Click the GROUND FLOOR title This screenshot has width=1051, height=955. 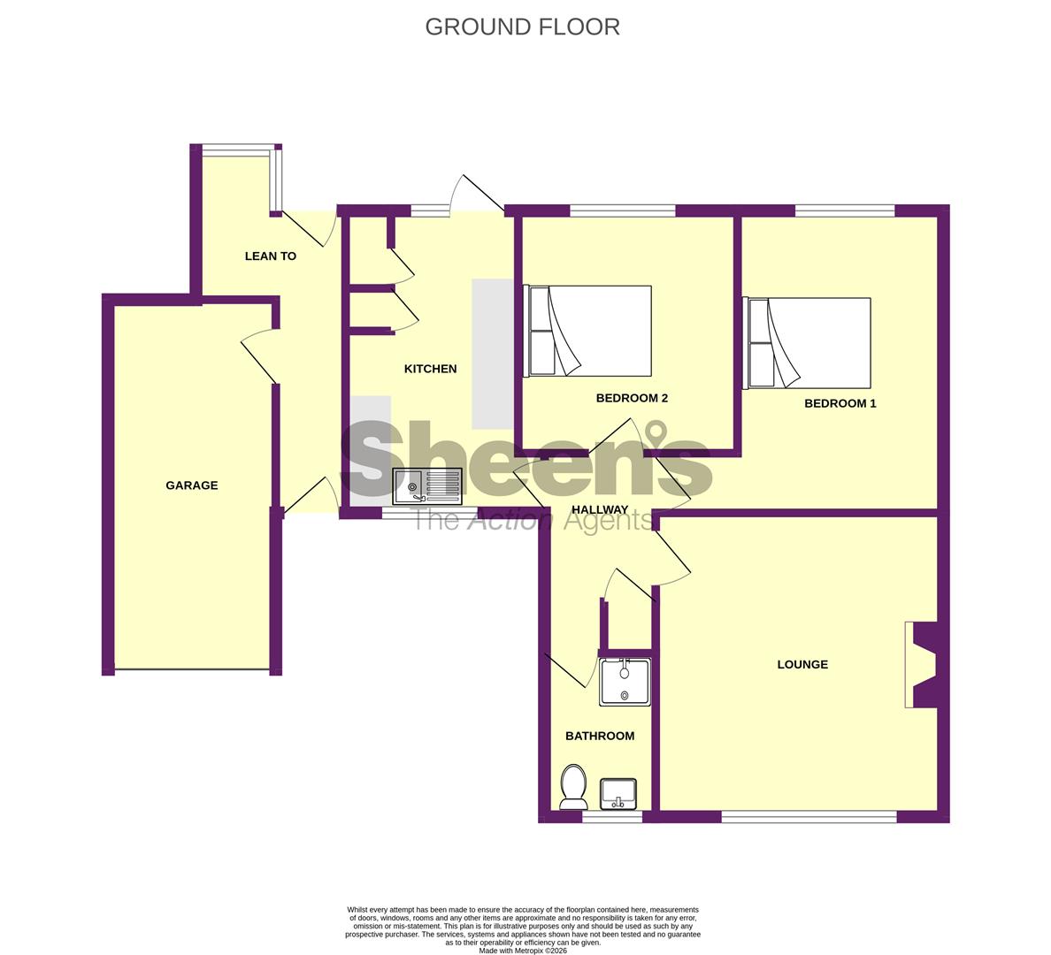522,27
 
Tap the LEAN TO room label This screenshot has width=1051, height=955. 270,256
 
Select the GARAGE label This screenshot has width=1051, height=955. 192,485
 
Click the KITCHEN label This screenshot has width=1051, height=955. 430,369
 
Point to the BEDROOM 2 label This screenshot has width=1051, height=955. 632,398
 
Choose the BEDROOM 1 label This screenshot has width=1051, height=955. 840,403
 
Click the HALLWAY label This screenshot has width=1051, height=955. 600,510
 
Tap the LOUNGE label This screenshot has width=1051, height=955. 802,664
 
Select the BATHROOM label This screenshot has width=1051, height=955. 600,736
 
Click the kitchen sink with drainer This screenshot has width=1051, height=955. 427,486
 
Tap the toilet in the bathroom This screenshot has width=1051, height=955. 573,786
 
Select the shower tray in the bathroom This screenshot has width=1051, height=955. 625,681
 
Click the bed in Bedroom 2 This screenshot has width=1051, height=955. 589,331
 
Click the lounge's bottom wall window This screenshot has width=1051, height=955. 809,817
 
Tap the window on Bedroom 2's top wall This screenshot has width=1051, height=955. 622,210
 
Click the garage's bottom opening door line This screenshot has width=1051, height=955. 192,670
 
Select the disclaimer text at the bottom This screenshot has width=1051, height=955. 522,928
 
